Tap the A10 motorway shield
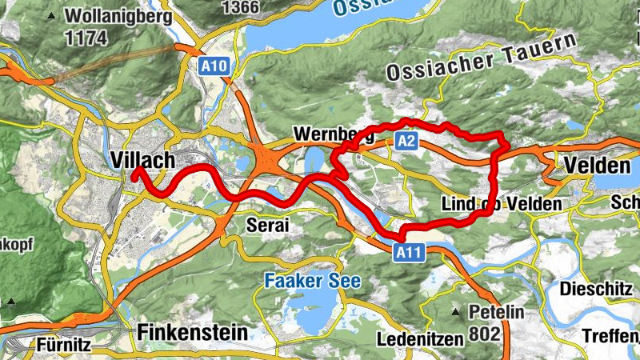[214, 68]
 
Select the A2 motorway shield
[406, 142]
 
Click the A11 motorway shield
[408, 253]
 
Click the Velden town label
[597, 166]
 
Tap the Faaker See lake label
[312, 281]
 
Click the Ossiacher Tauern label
[482, 58]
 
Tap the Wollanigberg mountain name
[118, 16]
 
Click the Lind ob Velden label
[502, 205]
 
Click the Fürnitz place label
[63, 345]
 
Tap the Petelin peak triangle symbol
[456, 311]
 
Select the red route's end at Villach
[135, 170]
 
